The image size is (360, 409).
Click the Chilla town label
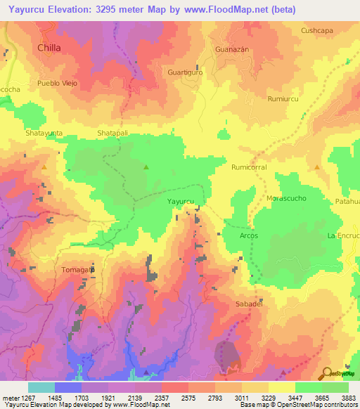(x=49, y=48)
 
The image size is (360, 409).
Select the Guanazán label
(x=232, y=51)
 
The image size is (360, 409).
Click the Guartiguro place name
(x=185, y=72)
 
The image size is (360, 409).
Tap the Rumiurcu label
(x=283, y=99)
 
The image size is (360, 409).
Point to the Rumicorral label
(x=250, y=168)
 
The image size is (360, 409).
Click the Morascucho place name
(x=287, y=199)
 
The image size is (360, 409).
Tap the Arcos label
(x=249, y=236)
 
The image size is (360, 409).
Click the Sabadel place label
(x=249, y=304)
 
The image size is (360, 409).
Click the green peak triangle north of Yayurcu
(x=146, y=167)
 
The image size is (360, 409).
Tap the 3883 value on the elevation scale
(x=349, y=398)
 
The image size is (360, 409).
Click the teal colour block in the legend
(x=41, y=387)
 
